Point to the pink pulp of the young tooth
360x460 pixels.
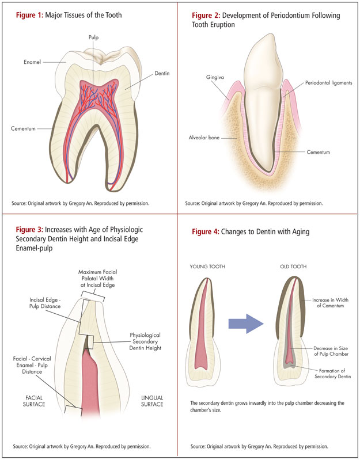coord(209,351)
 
